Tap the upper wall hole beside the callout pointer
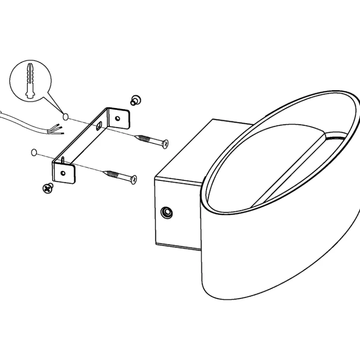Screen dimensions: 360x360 (x=65, y=116)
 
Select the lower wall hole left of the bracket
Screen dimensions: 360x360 (x=34, y=152)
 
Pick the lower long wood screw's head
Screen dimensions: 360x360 (x=134, y=179)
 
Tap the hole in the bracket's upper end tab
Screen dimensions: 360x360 (x=117, y=117)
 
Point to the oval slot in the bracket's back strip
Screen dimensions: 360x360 (x=99, y=126)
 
